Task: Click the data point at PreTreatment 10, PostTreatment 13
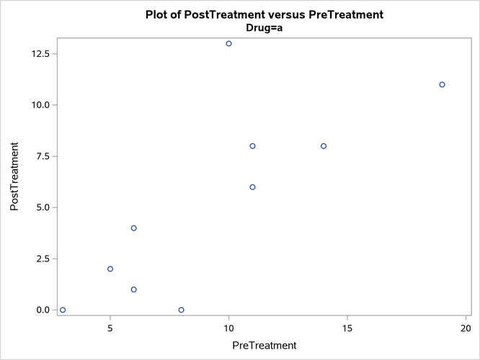pyautogui.click(x=228, y=43)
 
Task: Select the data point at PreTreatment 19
pyautogui.click(x=442, y=84)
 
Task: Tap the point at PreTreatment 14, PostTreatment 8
pyautogui.click(x=324, y=146)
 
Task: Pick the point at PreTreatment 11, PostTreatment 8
pyautogui.click(x=252, y=146)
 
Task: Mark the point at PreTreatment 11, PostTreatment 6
pyautogui.click(x=252, y=187)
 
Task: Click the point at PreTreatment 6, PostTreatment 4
pyautogui.click(x=134, y=228)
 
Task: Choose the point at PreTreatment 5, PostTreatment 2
pyautogui.click(x=110, y=269)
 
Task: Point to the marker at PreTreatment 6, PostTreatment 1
pyautogui.click(x=134, y=289)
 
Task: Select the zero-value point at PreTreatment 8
pyautogui.click(x=181, y=310)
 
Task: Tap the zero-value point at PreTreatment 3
pyautogui.click(x=63, y=310)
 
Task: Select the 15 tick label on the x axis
pyautogui.click(x=347, y=328)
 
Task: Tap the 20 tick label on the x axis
pyautogui.click(x=466, y=328)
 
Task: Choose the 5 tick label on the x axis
pyautogui.click(x=110, y=328)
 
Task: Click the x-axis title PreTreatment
pyautogui.click(x=264, y=346)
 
